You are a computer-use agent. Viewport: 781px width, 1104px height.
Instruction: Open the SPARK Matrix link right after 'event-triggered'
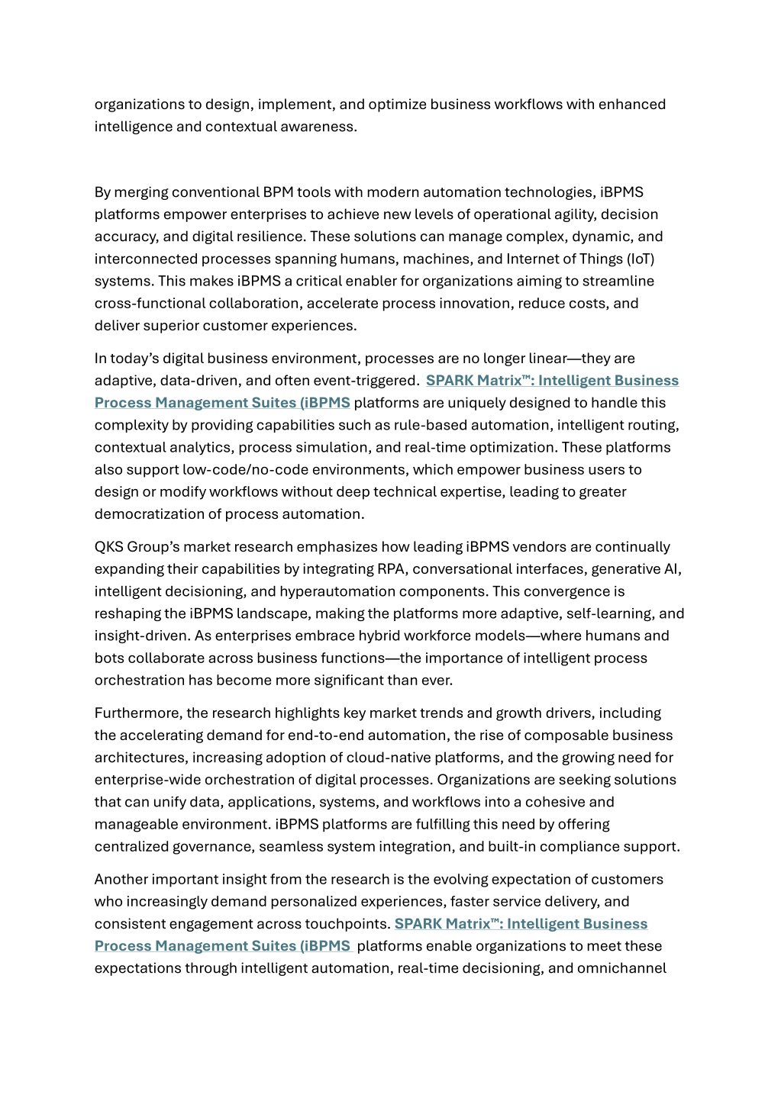(x=552, y=381)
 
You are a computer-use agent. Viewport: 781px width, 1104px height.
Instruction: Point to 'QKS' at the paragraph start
(x=108, y=547)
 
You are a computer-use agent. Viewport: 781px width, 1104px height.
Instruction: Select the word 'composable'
(x=576, y=735)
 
